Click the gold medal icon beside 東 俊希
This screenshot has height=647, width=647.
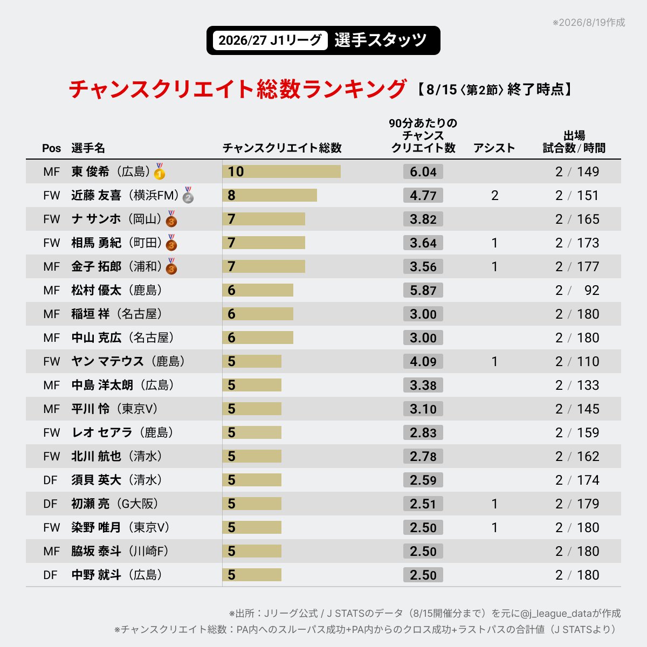[160, 171]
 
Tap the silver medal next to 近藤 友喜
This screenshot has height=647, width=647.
[188, 195]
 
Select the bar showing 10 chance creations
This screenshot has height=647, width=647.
[281, 171]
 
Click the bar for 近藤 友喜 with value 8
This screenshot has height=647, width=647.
[270, 195]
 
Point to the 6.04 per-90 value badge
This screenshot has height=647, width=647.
[423, 171]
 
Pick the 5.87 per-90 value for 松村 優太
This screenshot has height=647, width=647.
[423, 290]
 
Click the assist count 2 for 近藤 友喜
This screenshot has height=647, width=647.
[494, 195]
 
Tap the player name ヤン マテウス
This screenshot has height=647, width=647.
[107, 361]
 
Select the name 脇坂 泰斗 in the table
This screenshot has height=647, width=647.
[96, 551]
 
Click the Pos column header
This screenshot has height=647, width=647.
[51, 148]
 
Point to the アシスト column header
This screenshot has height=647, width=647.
[494, 148]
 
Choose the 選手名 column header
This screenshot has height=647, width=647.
[88, 148]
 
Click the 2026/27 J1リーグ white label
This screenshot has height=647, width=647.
[270, 40]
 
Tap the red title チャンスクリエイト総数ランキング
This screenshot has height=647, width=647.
[238, 89]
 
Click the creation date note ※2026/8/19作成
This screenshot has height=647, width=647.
[589, 23]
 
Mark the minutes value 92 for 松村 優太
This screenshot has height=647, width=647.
[591, 291]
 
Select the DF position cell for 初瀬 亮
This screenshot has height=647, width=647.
[50, 504]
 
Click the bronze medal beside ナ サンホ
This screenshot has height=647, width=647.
[171, 219]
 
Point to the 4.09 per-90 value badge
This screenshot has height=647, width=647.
[423, 361]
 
